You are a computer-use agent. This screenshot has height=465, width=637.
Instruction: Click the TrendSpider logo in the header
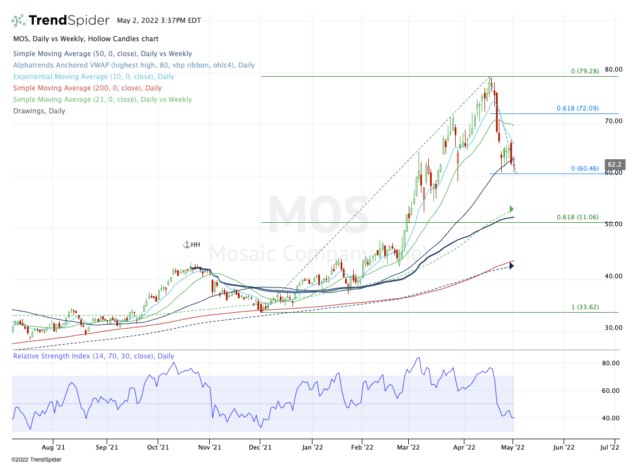tap(60, 21)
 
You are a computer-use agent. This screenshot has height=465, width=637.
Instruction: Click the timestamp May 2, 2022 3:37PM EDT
tap(159, 21)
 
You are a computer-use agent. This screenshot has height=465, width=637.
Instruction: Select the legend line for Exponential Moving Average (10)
tap(93, 77)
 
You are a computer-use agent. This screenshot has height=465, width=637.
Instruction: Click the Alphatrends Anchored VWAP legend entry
tap(134, 65)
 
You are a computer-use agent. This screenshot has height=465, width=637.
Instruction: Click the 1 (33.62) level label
tap(585, 307)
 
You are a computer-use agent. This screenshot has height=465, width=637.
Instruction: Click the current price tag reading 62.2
tap(614, 164)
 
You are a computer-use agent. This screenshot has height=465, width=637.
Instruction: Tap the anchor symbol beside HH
tap(186, 245)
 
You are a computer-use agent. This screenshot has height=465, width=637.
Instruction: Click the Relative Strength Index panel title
tap(93, 356)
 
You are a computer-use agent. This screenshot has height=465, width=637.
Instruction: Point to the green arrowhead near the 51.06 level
tap(511, 209)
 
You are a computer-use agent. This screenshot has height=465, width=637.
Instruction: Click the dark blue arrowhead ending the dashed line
tap(511, 266)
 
